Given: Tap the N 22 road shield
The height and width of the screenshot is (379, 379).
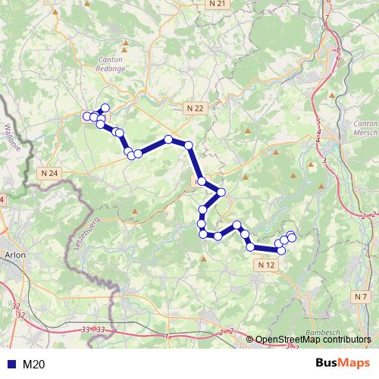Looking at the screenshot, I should (x=195, y=108).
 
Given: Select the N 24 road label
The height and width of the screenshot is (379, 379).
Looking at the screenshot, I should (x=49, y=173).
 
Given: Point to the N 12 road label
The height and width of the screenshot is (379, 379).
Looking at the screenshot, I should (x=266, y=265).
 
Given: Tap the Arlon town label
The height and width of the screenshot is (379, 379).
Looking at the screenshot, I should (x=15, y=255).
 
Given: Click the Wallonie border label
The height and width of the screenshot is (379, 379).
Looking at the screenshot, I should (x=10, y=137).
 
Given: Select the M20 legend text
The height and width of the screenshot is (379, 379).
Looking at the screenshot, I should (x=34, y=365).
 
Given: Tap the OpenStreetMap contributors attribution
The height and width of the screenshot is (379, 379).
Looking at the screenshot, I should (x=313, y=340).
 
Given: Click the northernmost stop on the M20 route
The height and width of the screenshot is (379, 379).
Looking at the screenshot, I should (x=105, y=108).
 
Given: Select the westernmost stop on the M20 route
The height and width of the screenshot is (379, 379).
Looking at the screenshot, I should (x=86, y=116).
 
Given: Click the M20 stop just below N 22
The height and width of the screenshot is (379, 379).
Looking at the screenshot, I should (x=188, y=145).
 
